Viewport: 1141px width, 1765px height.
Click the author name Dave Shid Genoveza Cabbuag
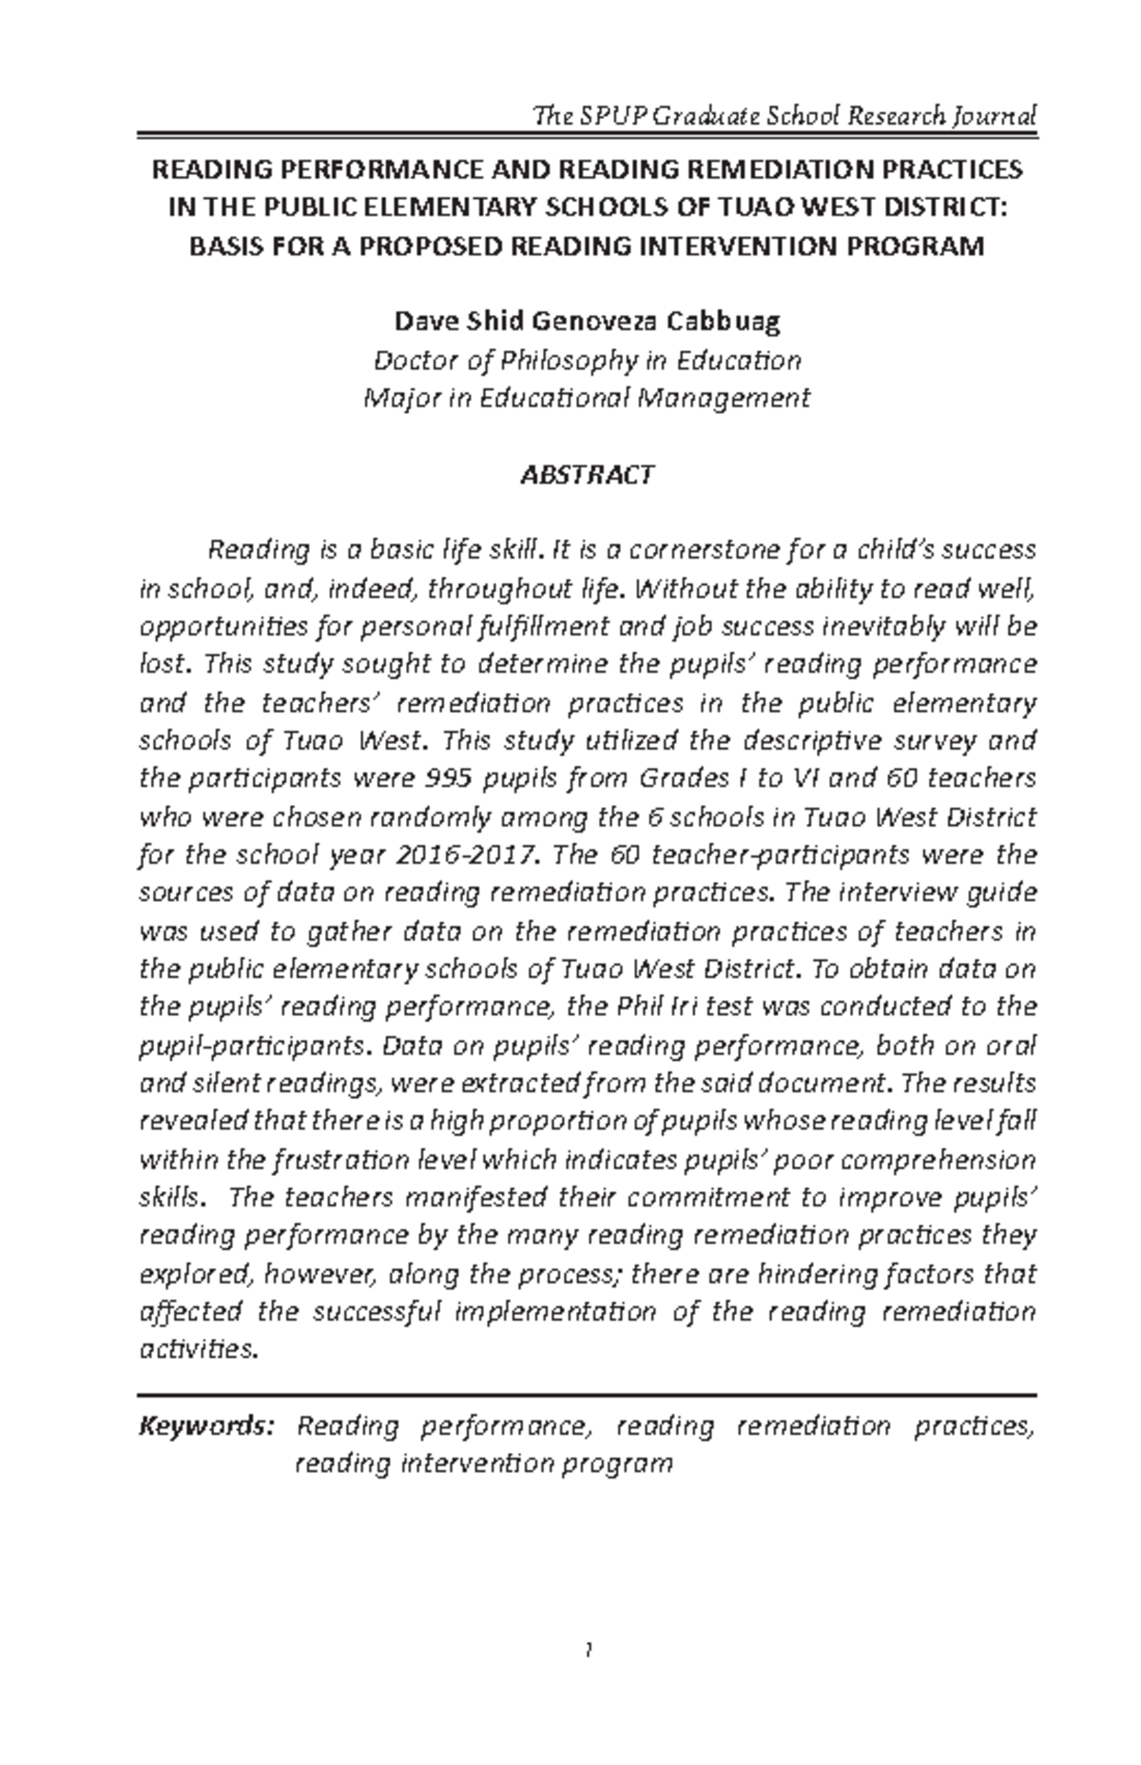[588, 322]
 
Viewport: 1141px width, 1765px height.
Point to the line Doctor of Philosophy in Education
[588, 361]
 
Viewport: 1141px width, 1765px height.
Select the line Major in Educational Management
[588, 398]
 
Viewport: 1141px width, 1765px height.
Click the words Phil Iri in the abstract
[653, 1007]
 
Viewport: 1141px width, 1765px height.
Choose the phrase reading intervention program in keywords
[484, 1463]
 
